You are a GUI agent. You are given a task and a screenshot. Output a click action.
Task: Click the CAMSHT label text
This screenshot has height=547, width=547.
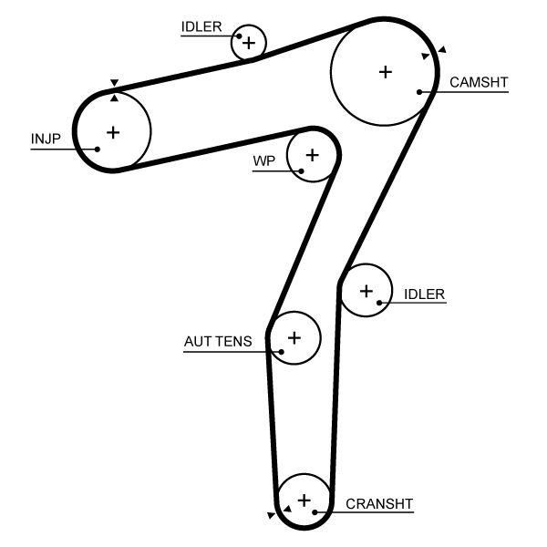pyautogui.click(x=479, y=82)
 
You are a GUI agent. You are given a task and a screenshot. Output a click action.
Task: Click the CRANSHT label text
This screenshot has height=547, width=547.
pyautogui.click(x=379, y=503)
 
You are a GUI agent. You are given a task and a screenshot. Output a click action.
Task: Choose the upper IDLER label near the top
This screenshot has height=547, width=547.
pyautogui.click(x=201, y=26)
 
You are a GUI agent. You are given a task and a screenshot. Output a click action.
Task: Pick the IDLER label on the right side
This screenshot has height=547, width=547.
pyautogui.click(x=424, y=294)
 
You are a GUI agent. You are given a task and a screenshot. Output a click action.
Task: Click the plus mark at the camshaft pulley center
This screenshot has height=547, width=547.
pyautogui.click(x=385, y=70)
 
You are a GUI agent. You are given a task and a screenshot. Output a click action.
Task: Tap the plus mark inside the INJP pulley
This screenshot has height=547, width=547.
pyautogui.click(x=113, y=132)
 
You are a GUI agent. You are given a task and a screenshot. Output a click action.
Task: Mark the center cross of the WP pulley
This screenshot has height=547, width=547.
pyautogui.click(x=312, y=154)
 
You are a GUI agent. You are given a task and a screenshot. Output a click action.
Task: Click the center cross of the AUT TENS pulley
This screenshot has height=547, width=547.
pyautogui.click(x=294, y=337)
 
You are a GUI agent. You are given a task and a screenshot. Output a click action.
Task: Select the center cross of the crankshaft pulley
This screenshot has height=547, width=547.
pyautogui.click(x=304, y=499)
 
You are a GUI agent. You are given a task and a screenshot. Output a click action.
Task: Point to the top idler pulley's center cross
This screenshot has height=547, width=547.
pyautogui.click(x=249, y=42)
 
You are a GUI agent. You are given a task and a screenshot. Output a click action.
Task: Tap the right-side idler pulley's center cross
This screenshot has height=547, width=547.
pyautogui.click(x=366, y=291)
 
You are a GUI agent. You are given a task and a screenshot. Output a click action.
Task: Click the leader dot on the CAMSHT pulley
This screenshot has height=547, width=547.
pyautogui.click(x=419, y=91)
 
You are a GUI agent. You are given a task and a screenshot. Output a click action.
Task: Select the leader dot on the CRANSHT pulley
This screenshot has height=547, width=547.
pyautogui.click(x=315, y=512)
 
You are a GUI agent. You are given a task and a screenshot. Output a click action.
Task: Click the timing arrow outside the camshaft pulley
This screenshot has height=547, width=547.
pyautogui.click(x=442, y=49)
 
